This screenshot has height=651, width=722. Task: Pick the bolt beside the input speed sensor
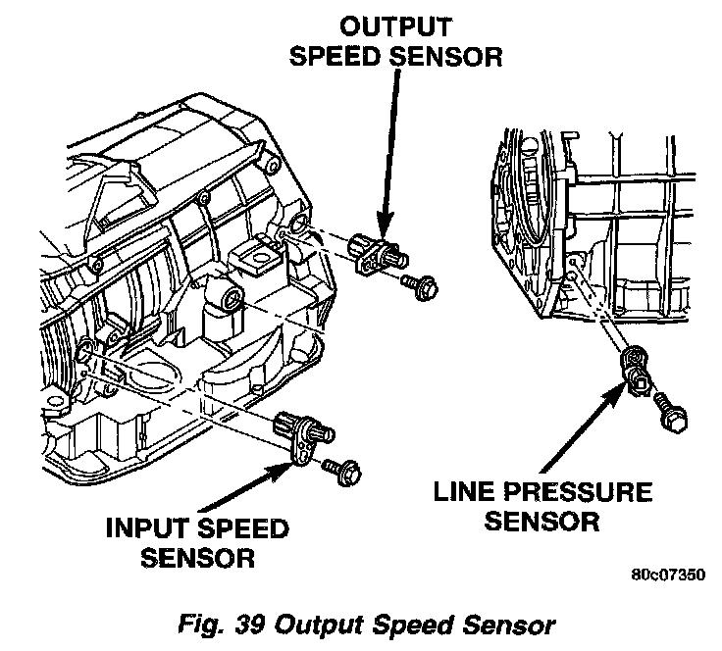click(x=346, y=474)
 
